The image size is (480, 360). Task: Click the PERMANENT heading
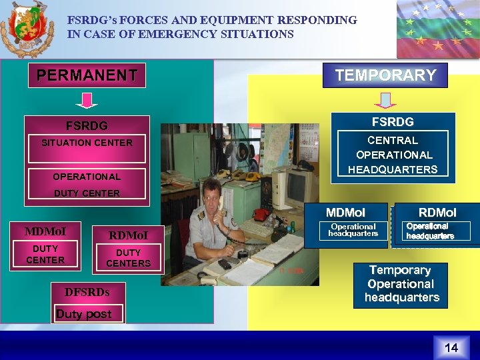[x=87, y=75]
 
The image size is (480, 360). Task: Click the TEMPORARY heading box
[x=385, y=75]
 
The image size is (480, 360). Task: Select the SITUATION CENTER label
[x=87, y=143]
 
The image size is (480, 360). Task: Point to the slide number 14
[x=451, y=347]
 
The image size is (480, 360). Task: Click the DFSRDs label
[x=87, y=291]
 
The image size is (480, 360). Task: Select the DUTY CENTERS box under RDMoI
[x=128, y=257]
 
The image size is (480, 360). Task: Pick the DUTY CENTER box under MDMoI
[x=45, y=254]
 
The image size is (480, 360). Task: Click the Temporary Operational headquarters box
[x=401, y=284]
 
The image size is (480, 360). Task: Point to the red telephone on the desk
[x=261, y=215]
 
